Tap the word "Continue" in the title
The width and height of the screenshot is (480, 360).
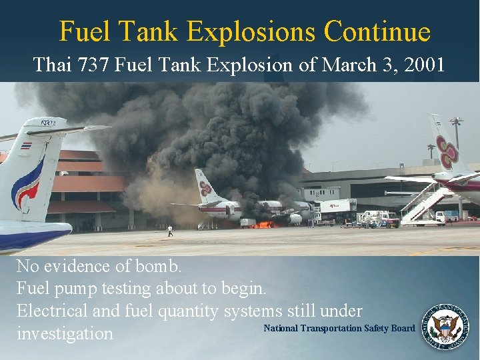tap(377, 31)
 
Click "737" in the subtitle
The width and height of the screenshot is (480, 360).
tap(95, 65)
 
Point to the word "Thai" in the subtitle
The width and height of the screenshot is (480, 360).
tap(53, 65)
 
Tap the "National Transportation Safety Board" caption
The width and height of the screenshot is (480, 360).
tap(339, 328)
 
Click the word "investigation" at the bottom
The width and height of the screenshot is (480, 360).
tap(65, 333)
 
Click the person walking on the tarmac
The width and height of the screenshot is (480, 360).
tap(171, 231)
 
